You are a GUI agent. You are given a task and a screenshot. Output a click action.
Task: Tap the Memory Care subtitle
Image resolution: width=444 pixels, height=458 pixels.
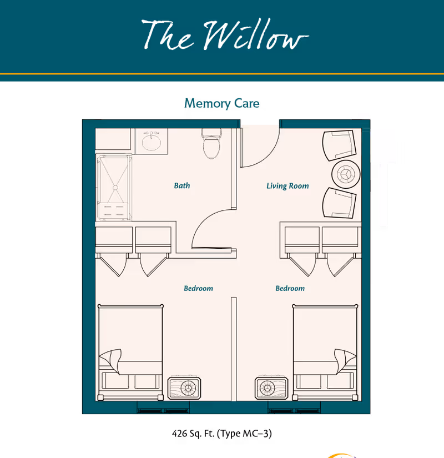(x=222, y=103)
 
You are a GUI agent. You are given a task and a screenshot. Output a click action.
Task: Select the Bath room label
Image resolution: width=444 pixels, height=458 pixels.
(x=181, y=185)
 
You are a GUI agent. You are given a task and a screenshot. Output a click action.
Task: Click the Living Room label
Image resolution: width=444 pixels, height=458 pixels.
(x=287, y=186)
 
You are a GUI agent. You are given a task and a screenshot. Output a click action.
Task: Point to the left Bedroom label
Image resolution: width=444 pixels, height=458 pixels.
(x=198, y=288)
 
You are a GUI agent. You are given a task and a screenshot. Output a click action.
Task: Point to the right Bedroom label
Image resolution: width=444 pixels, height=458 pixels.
(x=290, y=288)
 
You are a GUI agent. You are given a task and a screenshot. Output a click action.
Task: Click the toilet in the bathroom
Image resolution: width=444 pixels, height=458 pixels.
(x=211, y=144)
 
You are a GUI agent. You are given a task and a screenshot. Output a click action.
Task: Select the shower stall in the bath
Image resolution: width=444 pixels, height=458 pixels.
(x=114, y=187)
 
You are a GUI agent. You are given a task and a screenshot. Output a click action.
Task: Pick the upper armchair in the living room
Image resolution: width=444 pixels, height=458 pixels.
(x=339, y=144)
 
